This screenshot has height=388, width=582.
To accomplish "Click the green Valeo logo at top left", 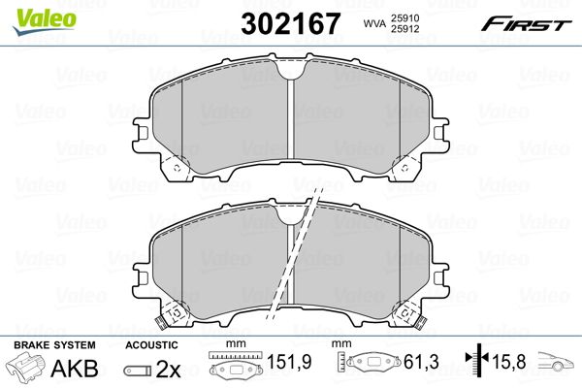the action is click(x=45, y=21).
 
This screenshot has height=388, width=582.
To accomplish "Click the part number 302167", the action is click(x=290, y=23).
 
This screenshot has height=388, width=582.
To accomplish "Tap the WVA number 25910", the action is click(x=404, y=17).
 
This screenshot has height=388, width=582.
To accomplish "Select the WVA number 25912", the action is click(x=404, y=29).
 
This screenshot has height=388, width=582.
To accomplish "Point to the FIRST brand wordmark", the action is click(x=526, y=24).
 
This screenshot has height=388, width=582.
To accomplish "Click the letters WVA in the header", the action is click(x=374, y=23).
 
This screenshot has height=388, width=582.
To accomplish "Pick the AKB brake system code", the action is click(x=75, y=368).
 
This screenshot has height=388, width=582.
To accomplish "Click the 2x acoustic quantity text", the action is click(x=168, y=369).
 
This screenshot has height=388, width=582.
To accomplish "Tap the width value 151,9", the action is click(x=289, y=362).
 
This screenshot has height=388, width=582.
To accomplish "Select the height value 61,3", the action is click(x=421, y=362).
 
